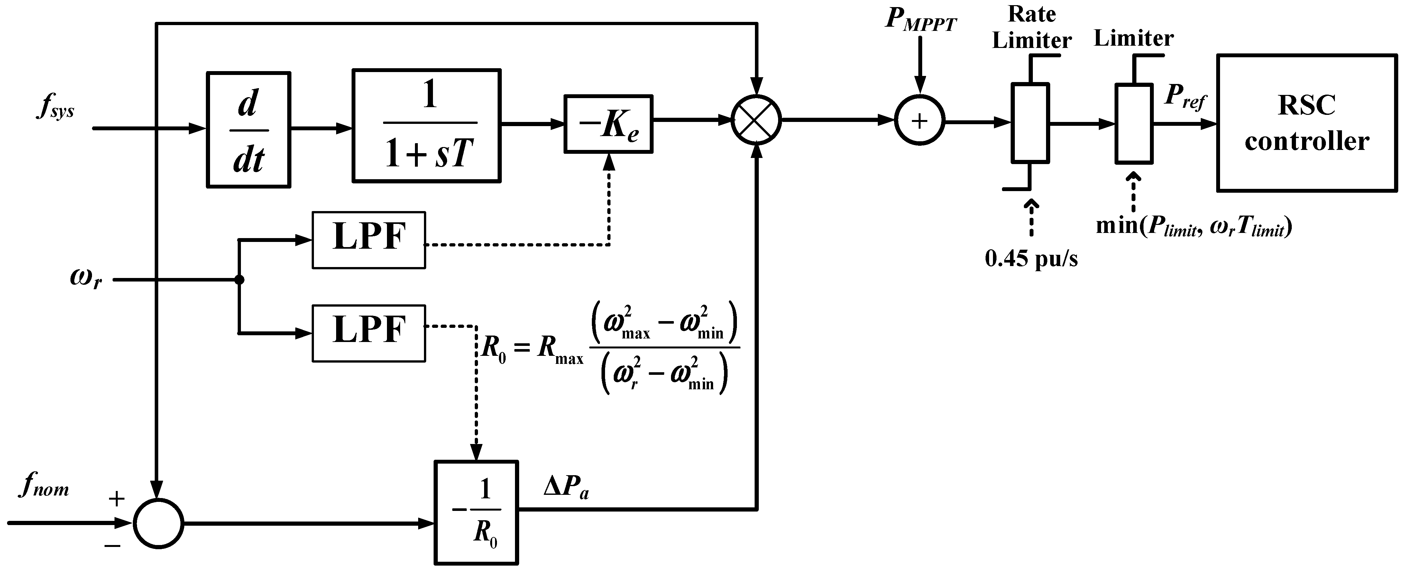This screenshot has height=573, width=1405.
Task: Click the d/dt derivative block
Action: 248,130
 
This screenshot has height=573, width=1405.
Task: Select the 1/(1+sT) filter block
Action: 427,125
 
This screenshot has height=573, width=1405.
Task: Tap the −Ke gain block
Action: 608,124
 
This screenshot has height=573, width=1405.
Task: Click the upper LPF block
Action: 369,240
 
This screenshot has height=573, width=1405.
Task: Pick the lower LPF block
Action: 369,333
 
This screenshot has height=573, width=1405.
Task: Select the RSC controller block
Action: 1307,123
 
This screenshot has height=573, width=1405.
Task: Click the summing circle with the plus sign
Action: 920,121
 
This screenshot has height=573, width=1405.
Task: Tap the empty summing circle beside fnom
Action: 159,523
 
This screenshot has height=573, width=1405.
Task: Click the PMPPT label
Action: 921,20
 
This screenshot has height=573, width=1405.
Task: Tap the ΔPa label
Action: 566,487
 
